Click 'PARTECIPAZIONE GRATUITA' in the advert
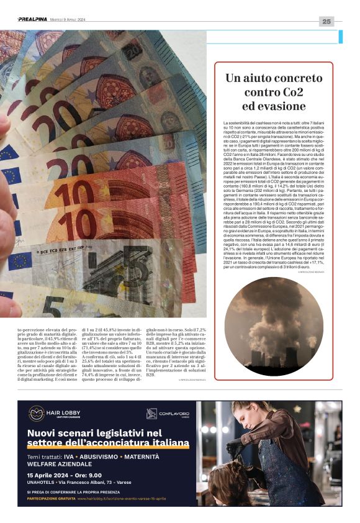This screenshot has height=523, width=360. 51,498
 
